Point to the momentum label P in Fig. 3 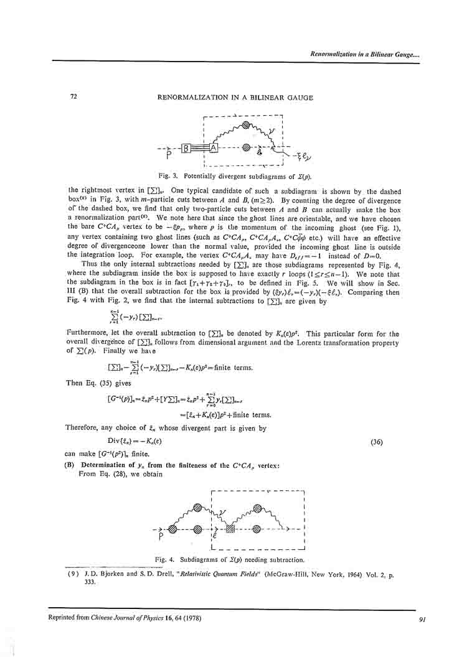[169, 156]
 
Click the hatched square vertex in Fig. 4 [230, 529]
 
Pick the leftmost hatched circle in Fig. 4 [173, 529]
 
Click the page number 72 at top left [73, 97]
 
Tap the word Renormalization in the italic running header [335, 54]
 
